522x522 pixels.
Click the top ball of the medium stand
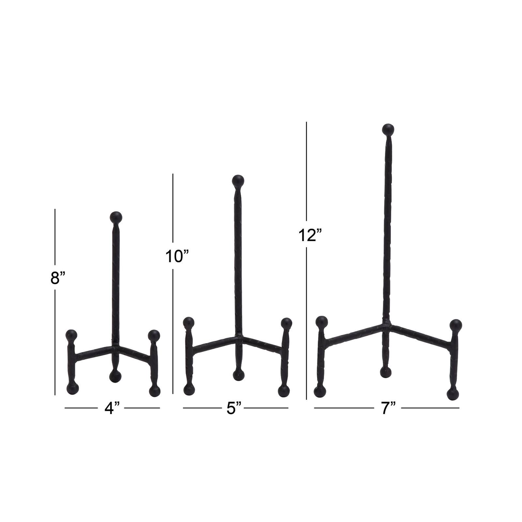coord(238,180)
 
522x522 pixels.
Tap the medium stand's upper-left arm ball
coord(189,323)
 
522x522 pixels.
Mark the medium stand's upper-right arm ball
coord(286,324)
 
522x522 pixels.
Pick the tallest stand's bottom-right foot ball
coord(453,394)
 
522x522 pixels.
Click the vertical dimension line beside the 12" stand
coord(307,261)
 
